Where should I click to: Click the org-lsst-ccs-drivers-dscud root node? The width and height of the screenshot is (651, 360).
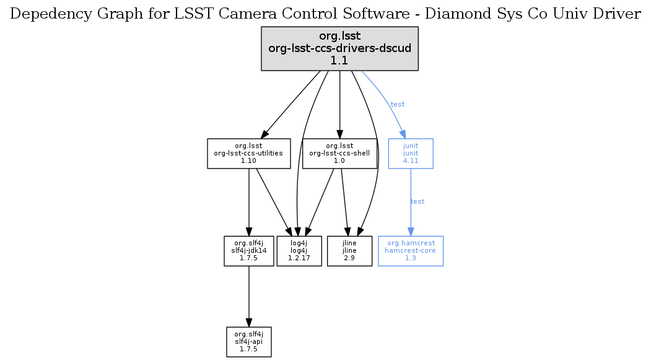pyautogui.click(x=339, y=48)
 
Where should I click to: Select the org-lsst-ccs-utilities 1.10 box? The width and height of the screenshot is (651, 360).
pyautogui.click(x=248, y=153)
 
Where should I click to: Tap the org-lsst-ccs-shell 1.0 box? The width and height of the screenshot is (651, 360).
pyautogui.click(x=339, y=153)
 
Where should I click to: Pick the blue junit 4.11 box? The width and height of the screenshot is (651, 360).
pyautogui.click(x=410, y=153)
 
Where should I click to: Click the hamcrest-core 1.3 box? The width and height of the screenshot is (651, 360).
pyautogui.click(x=410, y=250)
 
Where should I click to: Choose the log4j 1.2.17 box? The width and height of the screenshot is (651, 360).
pyautogui.click(x=299, y=250)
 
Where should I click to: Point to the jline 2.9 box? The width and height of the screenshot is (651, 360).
pyautogui.click(x=349, y=250)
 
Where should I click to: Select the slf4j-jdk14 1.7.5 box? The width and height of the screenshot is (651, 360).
pyautogui.click(x=248, y=250)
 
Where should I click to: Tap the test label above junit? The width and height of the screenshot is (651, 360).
pyautogui.click(x=398, y=104)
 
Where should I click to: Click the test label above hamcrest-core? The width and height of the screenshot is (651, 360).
pyautogui.click(x=417, y=201)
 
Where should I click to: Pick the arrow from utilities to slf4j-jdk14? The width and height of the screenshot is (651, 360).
pyautogui.click(x=248, y=201)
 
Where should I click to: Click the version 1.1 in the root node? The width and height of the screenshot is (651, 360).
pyautogui.click(x=339, y=60)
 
